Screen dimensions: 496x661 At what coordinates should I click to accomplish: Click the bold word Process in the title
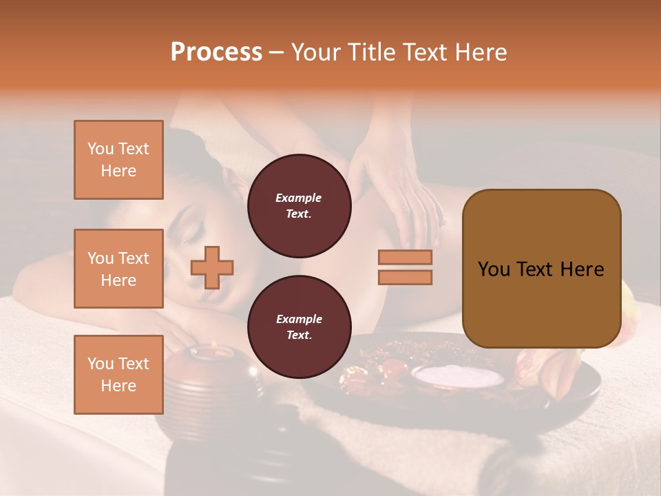pyautogui.click(x=216, y=52)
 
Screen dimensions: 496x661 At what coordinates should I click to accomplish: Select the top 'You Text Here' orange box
pyautogui.click(x=118, y=160)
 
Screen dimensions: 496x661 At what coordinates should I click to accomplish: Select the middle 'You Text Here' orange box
pyautogui.click(x=118, y=269)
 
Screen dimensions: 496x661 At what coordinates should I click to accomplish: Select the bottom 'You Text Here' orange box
pyautogui.click(x=118, y=374)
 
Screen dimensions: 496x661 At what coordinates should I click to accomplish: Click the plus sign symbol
pyautogui.click(x=212, y=267)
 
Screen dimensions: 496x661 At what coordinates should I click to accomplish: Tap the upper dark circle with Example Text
pyautogui.click(x=299, y=205)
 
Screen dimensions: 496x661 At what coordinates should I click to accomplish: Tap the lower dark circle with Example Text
pyautogui.click(x=299, y=327)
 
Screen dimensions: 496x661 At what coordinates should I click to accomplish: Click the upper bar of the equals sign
pyautogui.click(x=405, y=258)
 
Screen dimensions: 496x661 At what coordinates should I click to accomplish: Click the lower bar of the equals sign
pyautogui.click(x=405, y=277)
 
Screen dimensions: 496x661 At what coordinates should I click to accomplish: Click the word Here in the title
pyautogui.click(x=480, y=52)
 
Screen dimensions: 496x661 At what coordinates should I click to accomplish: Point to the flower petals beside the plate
pyautogui.click(x=544, y=375)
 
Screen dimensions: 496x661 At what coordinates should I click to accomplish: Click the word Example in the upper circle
pyautogui.click(x=299, y=198)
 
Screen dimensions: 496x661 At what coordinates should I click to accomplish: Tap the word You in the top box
pyautogui.click(x=101, y=149)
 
